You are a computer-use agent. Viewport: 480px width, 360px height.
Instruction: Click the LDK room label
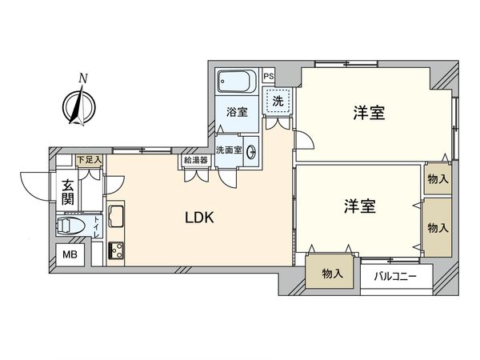pyautogui.click(x=199, y=218)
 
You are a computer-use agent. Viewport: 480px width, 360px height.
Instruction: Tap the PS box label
pyautogui.click(x=269, y=76)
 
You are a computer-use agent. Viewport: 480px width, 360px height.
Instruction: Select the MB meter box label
pyautogui.click(x=70, y=254)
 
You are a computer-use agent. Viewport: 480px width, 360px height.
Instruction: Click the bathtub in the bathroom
pyautogui.click(x=238, y=82)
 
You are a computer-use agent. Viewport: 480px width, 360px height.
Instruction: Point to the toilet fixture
pyautogui.click(x=70, y=226)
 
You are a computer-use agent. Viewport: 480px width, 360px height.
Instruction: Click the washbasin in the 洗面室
pyautogui.click(x=252, y=150)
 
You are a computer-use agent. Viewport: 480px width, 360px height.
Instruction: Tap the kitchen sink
pyautogui.click(x=116, y=216)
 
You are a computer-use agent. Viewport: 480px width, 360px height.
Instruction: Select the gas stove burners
pyautogui.click(x=116, y=250)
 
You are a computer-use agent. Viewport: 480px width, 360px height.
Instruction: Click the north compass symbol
pyautogui.click(x=79, y=106)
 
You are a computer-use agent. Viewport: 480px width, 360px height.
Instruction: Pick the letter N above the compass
pyautogui.click(x=82, y=78)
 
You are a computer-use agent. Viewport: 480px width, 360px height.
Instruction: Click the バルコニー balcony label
pyautogui.click(x=395, y=277)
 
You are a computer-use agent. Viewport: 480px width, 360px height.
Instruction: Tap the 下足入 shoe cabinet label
pyautogui.click(x=90, y=160)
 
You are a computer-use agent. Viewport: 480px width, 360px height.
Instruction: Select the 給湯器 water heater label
pyautogui.click(x=196, y=160)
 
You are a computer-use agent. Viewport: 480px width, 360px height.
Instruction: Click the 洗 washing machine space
pyautogui.click(x=278, y=101)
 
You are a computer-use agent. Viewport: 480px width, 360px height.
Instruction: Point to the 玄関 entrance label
pyautogui.click(x=68, y=192)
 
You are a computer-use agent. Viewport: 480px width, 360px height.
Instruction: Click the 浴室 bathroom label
pyautogui.click(x=237, y=112)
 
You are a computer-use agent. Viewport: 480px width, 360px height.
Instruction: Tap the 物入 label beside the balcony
pyautogui.click(x=332, y=274)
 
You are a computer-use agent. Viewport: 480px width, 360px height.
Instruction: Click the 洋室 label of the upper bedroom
pyautogui.click(x=369, y=113)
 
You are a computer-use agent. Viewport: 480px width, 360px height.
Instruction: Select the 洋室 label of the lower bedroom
pyautogui.click(x=360, y=206)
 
